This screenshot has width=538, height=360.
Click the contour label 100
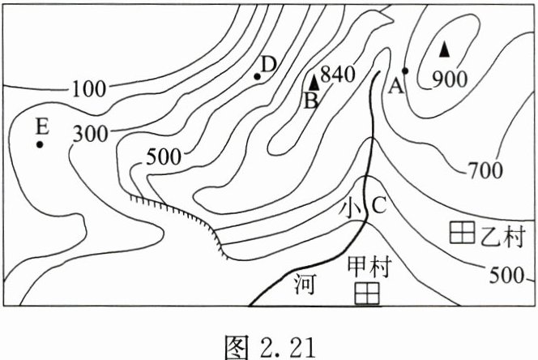(x=88, y=88)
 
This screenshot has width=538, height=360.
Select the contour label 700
(x=485, y=169)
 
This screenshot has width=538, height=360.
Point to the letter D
(x=269, y=63)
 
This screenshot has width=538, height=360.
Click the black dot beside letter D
(x=257, y=77)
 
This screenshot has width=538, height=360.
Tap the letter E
(x=42, y=126)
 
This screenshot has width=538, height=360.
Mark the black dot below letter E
(x=39, y=144)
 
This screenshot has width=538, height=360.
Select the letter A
(x=396, y=85)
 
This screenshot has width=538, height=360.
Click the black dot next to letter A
(x=405, y=71)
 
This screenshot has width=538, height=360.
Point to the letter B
(x=310, y=101)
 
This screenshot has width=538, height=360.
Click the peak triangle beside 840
(x=314, y=81)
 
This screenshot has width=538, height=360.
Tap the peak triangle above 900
(x=444, y=49)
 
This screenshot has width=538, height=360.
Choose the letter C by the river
(x=378, y=206)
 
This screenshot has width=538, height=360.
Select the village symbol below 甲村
(x=369, y=293)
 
